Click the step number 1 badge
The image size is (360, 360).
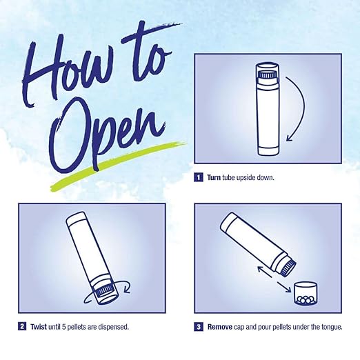199,177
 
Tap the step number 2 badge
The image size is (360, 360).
22,326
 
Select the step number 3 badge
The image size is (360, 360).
199,327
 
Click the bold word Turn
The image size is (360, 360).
214,177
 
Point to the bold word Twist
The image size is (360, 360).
39,327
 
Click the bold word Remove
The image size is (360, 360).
220,327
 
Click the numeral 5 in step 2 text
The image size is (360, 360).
63,327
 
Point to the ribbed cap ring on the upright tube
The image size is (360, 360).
268,75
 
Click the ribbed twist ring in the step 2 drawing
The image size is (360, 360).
105,291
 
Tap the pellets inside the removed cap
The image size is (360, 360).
306,299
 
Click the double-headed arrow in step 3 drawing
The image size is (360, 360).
274,279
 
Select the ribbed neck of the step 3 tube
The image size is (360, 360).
288,268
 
